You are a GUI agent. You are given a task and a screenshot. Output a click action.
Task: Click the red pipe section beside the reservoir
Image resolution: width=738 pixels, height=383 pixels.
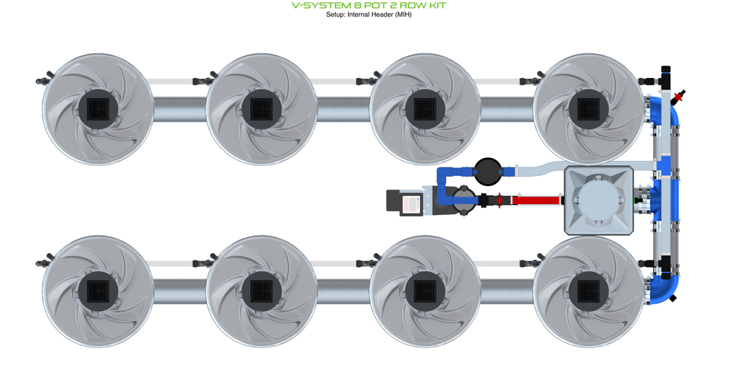pos(536,201)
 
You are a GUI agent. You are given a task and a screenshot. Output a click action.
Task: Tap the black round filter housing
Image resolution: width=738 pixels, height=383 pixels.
pos(488,172)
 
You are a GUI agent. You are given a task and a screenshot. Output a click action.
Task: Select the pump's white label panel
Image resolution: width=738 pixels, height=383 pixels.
pos(411,203)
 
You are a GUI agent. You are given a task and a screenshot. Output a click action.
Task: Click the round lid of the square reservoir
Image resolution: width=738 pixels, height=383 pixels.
pos(599,201)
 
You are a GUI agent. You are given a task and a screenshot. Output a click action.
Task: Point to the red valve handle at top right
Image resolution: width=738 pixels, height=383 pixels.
pos(679,97)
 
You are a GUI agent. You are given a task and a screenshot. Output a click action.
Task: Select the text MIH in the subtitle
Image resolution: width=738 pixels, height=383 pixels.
pos(402,14)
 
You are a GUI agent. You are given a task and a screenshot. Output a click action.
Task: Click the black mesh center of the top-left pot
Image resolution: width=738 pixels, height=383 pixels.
pos(98,110)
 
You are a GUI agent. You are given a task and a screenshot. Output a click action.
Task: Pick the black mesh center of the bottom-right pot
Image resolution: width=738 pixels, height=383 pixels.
pos(589,291)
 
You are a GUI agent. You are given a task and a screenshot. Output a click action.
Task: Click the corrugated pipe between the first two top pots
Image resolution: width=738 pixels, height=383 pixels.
pos(179,110)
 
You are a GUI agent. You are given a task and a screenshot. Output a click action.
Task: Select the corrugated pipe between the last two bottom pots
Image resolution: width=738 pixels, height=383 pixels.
pos(507,291)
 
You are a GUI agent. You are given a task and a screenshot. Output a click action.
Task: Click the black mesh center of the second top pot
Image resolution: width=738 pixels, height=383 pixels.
pos(262,110)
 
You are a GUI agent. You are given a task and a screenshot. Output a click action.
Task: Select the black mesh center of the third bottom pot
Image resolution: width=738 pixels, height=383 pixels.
pos(425,291)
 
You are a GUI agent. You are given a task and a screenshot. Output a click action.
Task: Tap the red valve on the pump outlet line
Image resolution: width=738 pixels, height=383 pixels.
pos(499,201)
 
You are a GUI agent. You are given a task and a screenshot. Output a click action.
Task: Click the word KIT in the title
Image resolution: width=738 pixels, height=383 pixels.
pos(435,6)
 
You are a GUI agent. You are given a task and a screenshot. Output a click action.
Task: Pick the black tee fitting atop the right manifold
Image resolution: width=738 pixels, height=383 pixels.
pos(665,76)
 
